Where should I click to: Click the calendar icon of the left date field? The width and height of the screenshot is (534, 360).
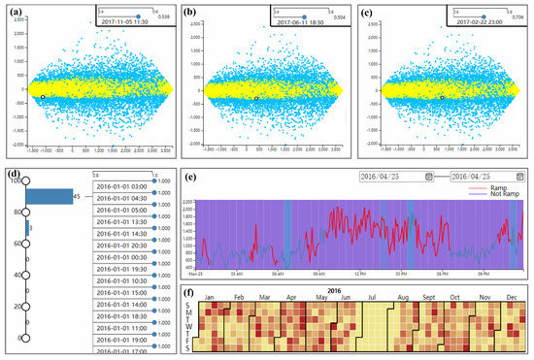(x=425, y=176)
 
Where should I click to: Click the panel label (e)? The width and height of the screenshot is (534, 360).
(x=191, y=178)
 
